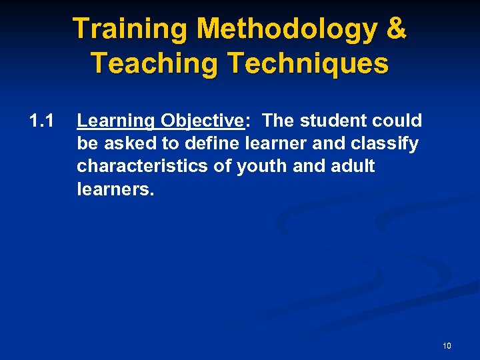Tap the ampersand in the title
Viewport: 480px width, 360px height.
pos(396,29)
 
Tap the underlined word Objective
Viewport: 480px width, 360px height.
pos(201,121)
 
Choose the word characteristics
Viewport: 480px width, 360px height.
pos(143,166)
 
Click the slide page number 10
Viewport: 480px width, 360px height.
pos(446,345)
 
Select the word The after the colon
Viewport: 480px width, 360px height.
pos(277,121)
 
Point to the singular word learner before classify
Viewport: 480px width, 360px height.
pos(277,143)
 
